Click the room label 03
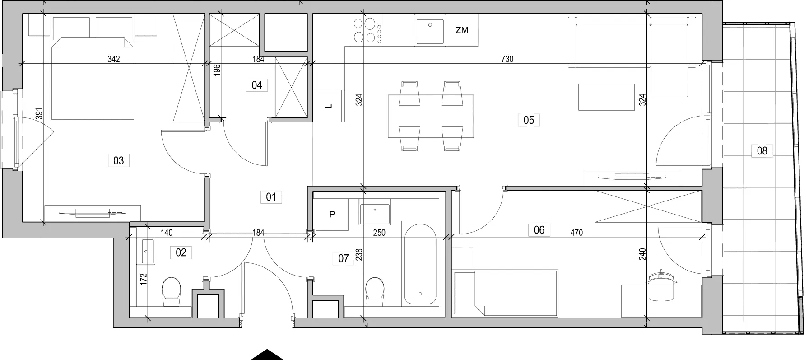pos(119,160)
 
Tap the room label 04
pos(257,85)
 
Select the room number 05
pos(529,120)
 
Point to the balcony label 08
pos(762,150)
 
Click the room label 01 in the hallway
pos(271,197)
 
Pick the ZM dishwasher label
pos(462,30)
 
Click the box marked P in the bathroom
pos(332,215)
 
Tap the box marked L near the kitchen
pos(329,106)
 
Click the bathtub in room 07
pos(420,262)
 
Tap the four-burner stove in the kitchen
pos(366,30)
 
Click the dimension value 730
pos(507,59)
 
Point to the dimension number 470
pos(576,233)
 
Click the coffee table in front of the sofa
pos(607,97)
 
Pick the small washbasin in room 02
pos(148,251)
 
